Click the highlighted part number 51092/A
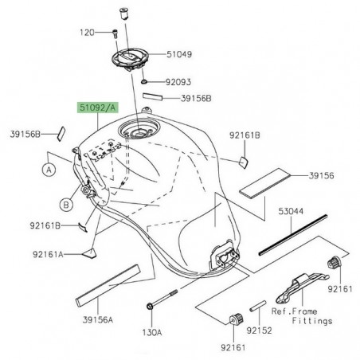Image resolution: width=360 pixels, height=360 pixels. coord(95,105)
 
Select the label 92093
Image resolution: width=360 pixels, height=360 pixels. coord(179,81)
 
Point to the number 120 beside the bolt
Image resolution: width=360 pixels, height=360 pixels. coord(87,33)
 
